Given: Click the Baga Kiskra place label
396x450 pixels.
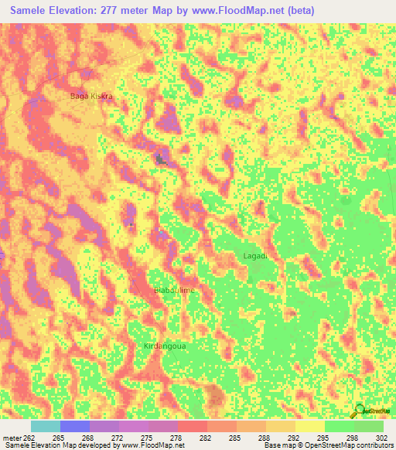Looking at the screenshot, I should pos(92,96).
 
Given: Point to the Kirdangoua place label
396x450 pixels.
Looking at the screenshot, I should pos(165,346).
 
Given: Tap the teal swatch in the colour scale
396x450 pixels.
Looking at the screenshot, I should pos(46,426).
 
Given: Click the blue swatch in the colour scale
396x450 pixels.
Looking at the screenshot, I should pos(75,426).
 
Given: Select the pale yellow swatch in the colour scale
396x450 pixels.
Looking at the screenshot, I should pos(310,426).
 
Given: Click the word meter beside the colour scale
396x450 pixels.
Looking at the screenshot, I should pos(12,438).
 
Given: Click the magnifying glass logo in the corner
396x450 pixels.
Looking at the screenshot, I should pos(360,411).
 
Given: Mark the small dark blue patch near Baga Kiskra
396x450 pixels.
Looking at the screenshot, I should pos(160,159).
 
